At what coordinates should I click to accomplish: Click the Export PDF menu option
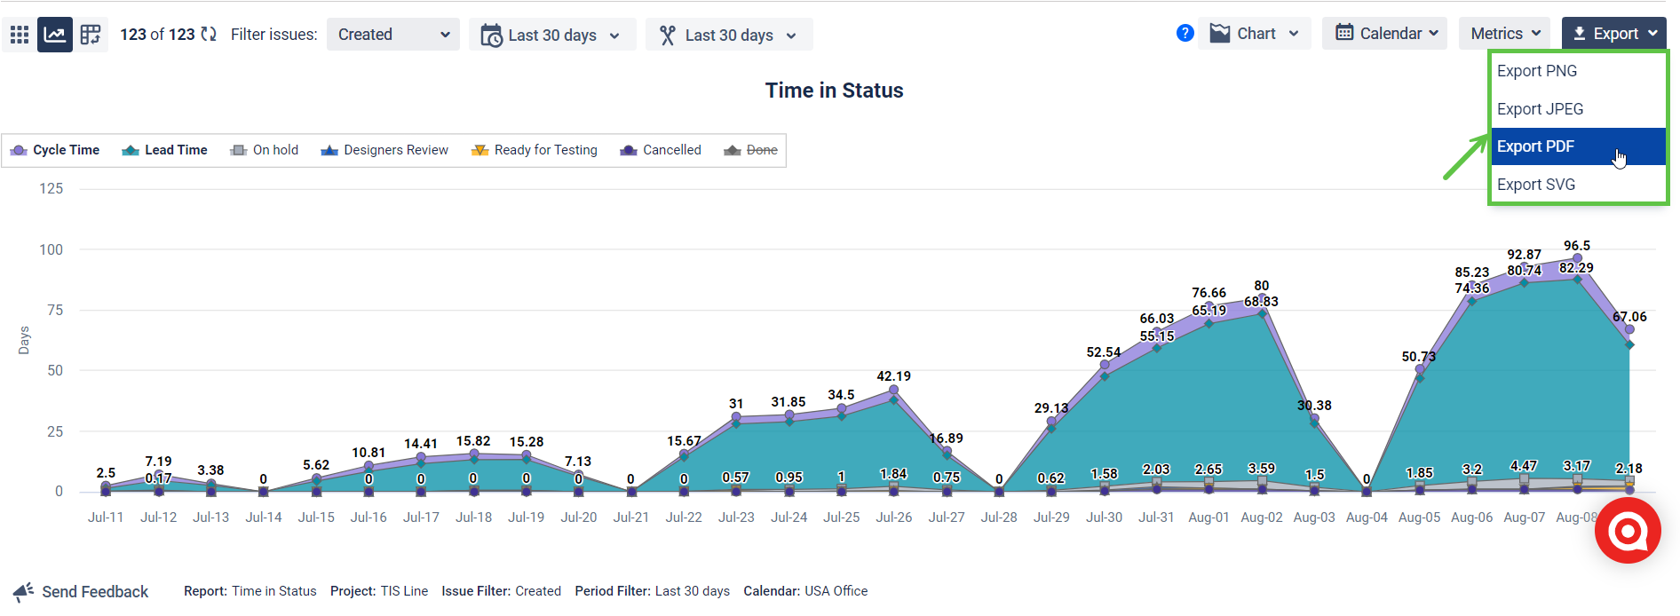tap(1535, 146)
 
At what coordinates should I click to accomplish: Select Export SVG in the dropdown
tap(1536, 185)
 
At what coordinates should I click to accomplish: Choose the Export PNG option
tap(1537, 71)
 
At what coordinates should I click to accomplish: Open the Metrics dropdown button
tap(1504, 34)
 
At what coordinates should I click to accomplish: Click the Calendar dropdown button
tap(1383, 34)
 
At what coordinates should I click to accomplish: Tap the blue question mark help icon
tap(1185, 34)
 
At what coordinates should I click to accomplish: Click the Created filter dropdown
tap(392, 35)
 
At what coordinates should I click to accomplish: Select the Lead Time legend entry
tap(165, 150)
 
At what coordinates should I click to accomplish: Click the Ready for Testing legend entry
tap(535, 150)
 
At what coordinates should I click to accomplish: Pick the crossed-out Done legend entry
tap(751, 150)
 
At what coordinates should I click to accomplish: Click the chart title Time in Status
tap(834, 91)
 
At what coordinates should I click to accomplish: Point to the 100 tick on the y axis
tap(52, 249)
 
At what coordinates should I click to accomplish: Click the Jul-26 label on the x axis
tap(893, 517)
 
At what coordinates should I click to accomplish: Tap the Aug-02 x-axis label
tap(1261, 517)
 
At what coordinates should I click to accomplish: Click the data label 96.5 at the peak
tap(1577, 246)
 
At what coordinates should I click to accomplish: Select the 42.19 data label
tap(893, 376)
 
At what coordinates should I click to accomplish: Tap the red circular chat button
tap(1627, 531)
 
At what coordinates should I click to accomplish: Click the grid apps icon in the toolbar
tap(20, 35)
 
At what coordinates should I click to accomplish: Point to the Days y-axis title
tap(24, 340)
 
